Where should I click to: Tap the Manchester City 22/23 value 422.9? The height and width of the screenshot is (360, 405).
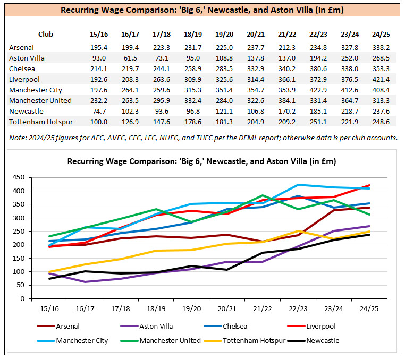(318, 90)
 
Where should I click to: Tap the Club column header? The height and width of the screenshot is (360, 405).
(46, 34)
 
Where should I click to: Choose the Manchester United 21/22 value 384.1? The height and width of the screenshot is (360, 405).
(287, 100)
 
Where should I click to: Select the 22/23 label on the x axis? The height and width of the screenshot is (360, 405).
(299, 307)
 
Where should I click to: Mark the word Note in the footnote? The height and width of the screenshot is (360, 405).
(18, 138)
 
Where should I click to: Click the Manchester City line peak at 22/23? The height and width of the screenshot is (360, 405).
(299, 185)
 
